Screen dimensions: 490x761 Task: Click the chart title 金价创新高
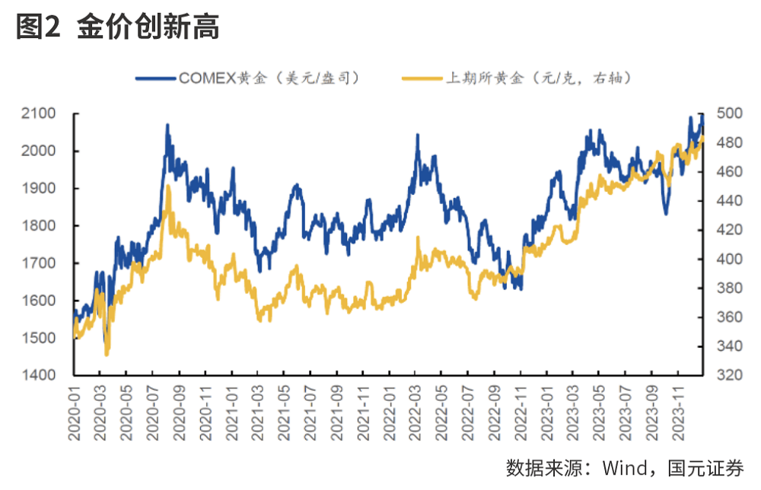148,28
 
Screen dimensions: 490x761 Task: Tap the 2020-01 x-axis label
75,412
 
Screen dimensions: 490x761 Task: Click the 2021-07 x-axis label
310,412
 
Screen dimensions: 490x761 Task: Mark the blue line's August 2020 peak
167,125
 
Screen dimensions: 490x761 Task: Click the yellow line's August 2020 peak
168,186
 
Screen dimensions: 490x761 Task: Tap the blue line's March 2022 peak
418,135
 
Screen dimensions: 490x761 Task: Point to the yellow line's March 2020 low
107,355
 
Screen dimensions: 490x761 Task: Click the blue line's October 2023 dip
666,213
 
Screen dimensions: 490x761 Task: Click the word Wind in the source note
625,466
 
